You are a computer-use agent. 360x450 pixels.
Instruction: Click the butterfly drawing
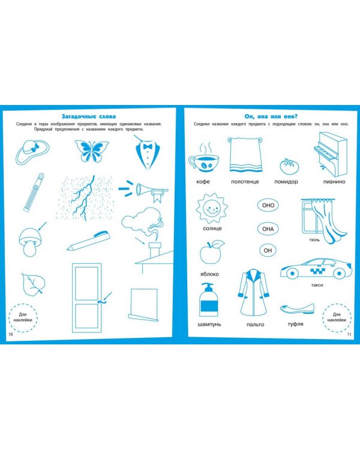tap(92, 151)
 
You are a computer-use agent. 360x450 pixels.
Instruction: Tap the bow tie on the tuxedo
tap(148, 146)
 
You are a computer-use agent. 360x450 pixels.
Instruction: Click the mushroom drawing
tap(30, 242)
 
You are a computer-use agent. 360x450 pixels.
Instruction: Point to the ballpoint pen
tap(88, 241)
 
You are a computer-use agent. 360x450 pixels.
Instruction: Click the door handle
tap(101, 302)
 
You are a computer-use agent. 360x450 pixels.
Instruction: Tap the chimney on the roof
tap(155, 250)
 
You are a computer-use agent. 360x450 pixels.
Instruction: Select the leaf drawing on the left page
tap(33, 284)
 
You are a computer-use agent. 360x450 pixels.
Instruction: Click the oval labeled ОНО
tap(268, 205)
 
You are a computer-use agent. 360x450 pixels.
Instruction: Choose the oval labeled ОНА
tap(268, 229)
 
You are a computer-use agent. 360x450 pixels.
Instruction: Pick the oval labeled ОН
tap(268, 250)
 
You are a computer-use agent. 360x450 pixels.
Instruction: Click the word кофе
tap(203, 182)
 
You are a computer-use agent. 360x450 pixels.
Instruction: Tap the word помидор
tap(286, 182)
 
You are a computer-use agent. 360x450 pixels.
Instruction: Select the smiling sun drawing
tap(212, 208)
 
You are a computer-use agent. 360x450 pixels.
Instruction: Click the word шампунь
tap(209, 324)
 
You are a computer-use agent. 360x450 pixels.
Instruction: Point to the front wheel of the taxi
tap(292, 273)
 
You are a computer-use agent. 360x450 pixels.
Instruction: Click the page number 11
tap(349, 334)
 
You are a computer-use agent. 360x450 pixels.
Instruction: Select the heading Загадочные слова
tap(89, 116)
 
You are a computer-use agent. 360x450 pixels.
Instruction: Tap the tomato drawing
tap(289, 166)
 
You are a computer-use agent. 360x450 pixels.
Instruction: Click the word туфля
tap(295, 324)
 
